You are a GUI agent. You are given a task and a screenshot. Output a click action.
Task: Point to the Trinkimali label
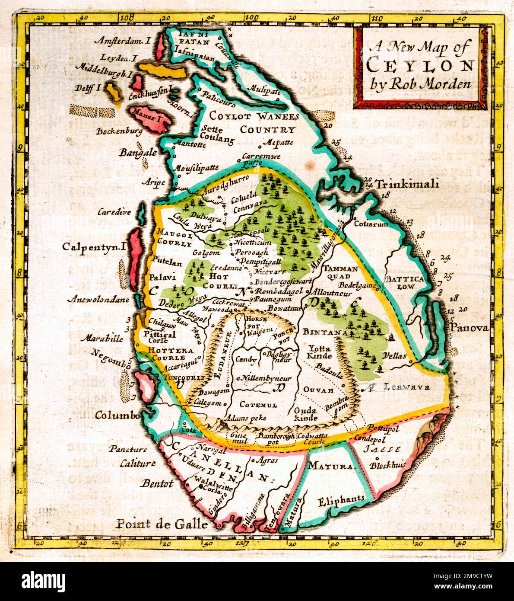tap(408, 185)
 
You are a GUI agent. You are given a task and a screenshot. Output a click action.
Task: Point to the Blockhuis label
tap(388, 465)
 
